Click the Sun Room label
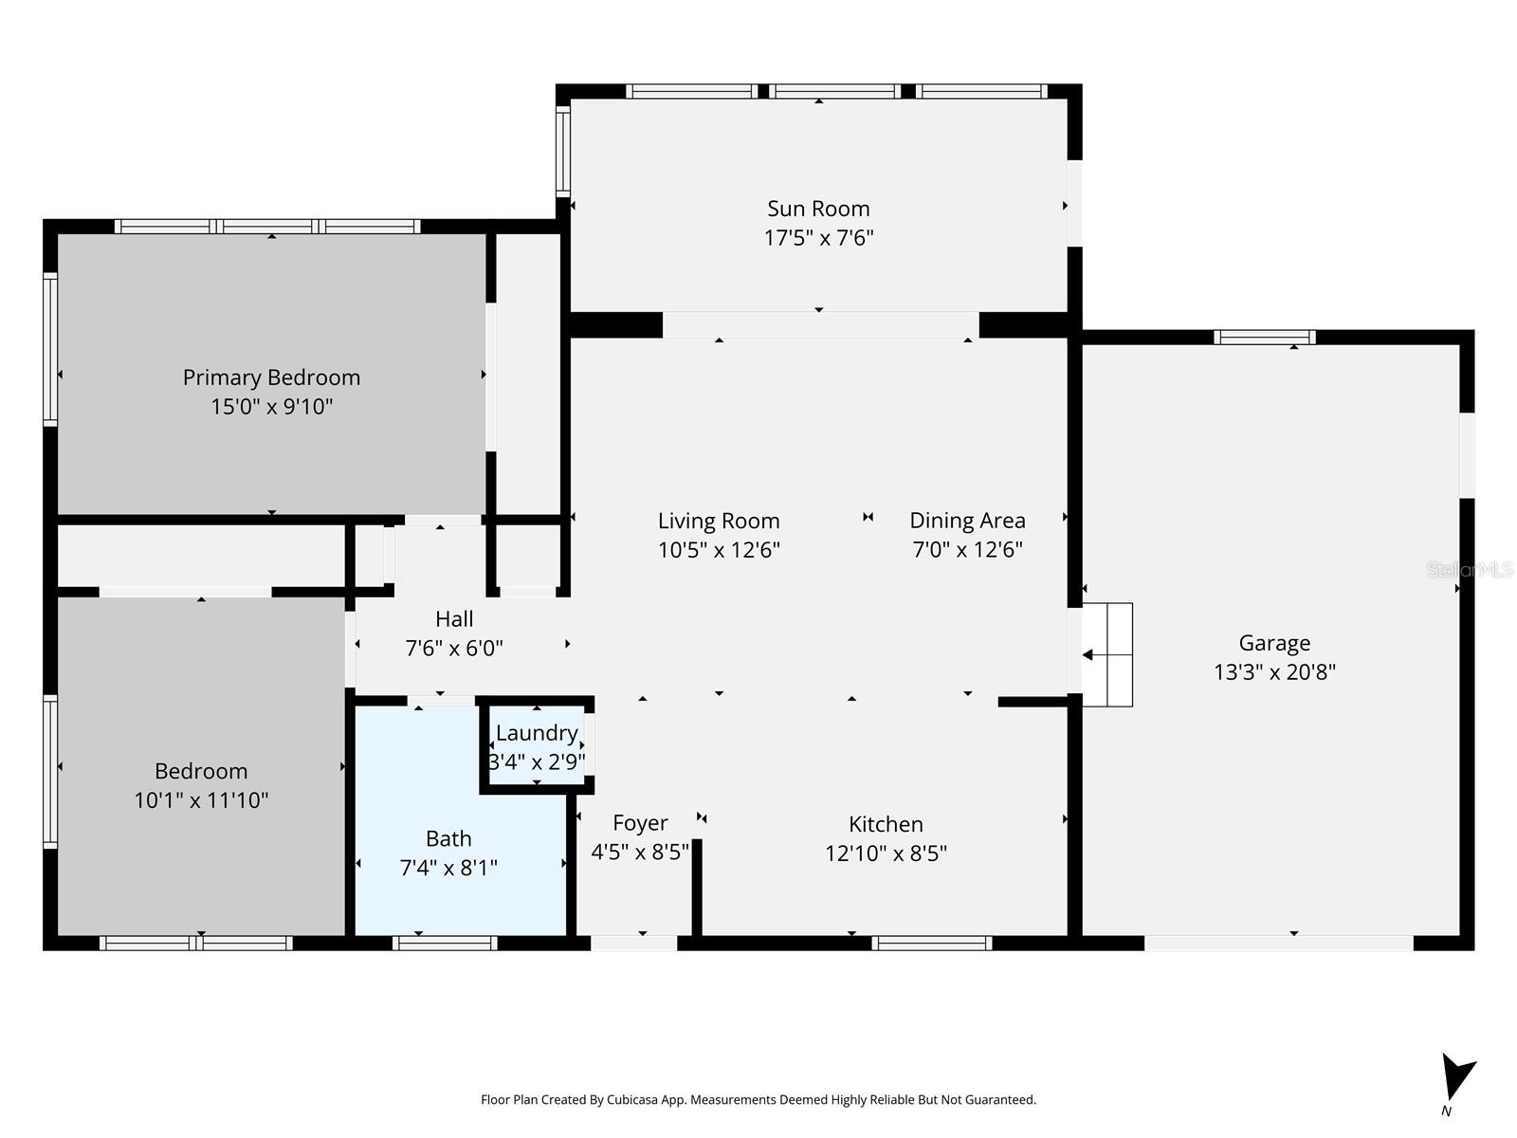818,209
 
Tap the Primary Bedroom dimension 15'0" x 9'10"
271,407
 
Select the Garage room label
1274,643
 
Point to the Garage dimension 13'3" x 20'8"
1274,672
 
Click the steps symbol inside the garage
1108,654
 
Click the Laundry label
537,733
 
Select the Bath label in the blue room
448,839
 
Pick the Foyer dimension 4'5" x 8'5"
640,853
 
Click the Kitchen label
886,824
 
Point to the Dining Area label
967,521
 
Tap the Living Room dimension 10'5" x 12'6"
719,550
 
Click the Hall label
454,619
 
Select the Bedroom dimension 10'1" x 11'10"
201,800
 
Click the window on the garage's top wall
1265,338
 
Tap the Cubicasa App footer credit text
758,1100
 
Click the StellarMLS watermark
1470,570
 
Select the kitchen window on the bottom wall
931,943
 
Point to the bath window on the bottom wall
445,943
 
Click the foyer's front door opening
634,943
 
